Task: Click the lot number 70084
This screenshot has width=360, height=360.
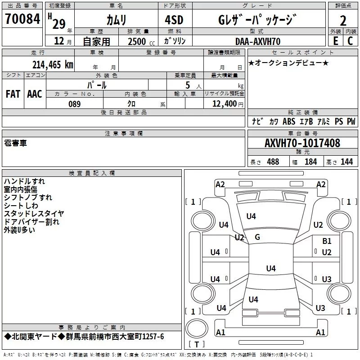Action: point(22,19)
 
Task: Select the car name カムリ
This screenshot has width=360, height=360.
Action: point(116,20)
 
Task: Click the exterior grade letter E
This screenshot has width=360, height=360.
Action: point(335,40)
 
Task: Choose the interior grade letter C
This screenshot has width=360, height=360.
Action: point(350,40)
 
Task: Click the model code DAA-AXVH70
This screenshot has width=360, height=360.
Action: point(258,41)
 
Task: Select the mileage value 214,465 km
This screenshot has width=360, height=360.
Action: point(52,64)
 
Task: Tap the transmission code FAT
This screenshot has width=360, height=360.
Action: point(13,94)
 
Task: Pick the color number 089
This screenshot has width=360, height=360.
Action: point(74,104)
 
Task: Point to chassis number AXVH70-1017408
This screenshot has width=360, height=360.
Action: point(302,144)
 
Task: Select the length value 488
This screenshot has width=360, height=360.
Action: point(273,162)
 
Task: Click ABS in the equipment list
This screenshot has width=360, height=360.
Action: point(289,122)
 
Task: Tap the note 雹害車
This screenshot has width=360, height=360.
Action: point(15,143)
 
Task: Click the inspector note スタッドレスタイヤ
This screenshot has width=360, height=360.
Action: point(34,213)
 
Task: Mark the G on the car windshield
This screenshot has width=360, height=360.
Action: point(257,237)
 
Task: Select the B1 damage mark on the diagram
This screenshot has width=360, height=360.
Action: point(327,241)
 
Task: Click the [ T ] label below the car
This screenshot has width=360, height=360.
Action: point(197,345)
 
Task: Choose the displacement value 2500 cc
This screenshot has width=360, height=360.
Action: point(138,41)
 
